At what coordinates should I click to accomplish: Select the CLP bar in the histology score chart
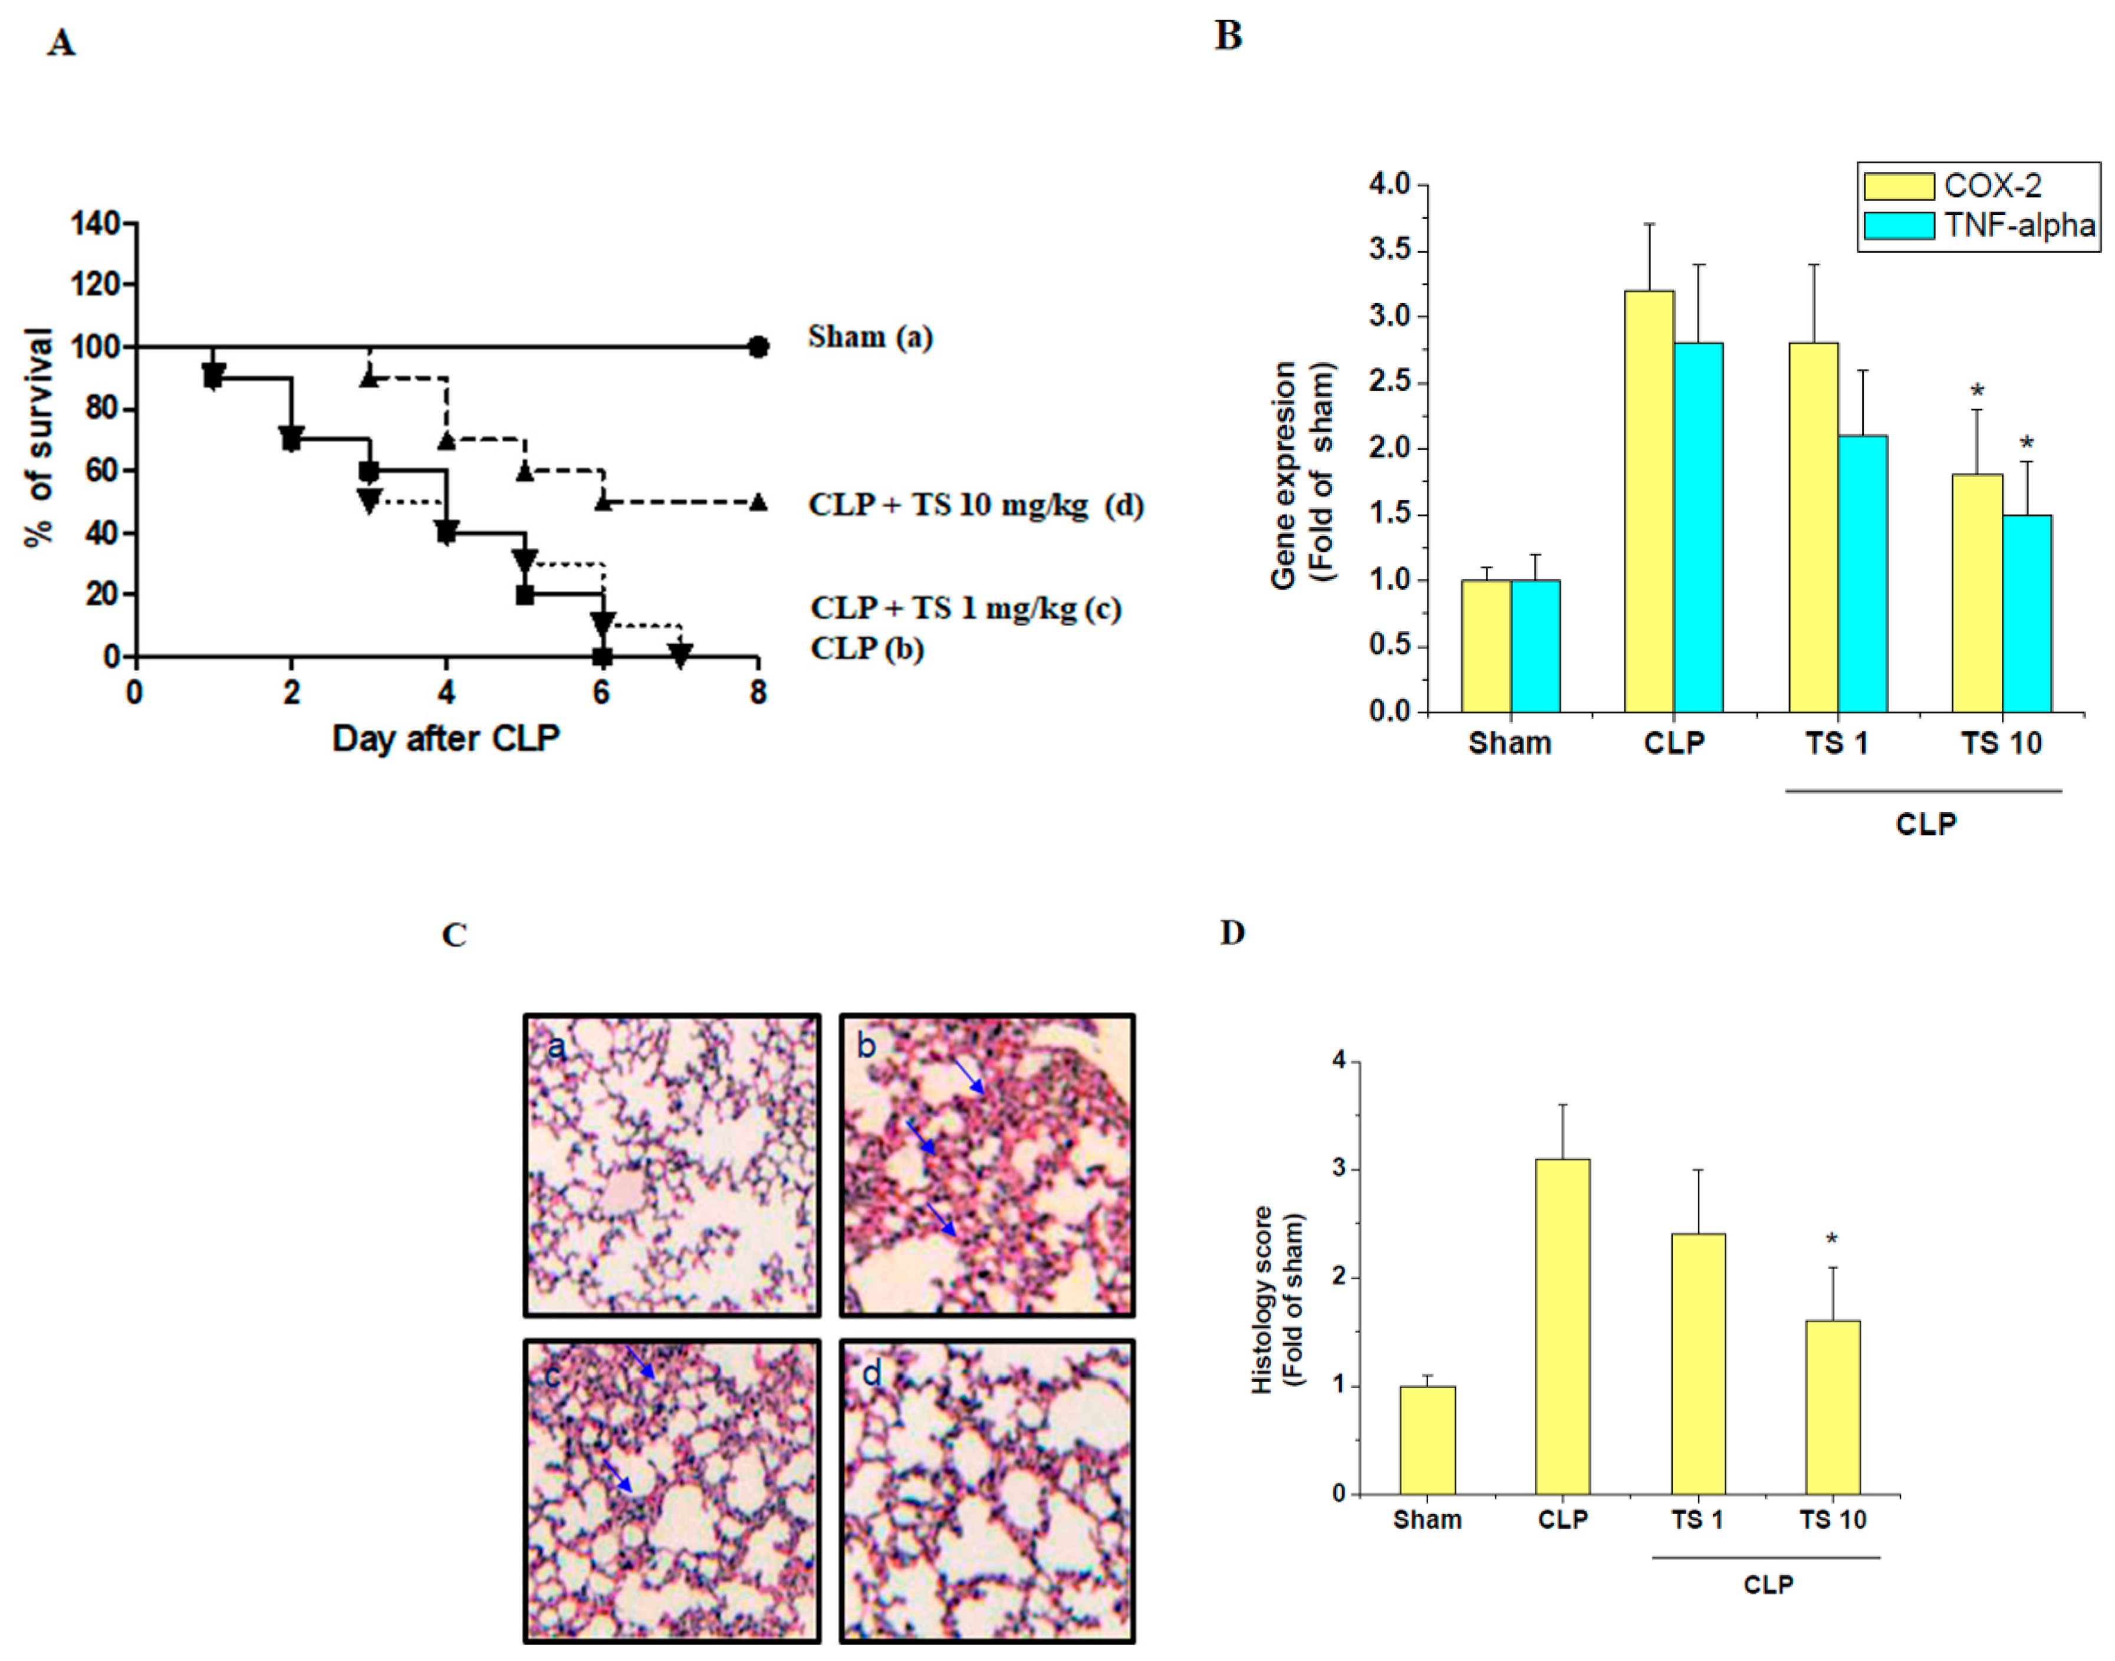[x=1563, y=1327]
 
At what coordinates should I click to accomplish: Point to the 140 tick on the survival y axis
[x=96, y=223]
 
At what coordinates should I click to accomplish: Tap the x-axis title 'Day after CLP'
[x=446, y=739]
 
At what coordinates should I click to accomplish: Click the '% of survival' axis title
[x=41, y=438]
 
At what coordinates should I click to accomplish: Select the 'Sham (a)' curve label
[x=870, y=337]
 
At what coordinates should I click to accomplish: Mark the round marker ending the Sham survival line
[x=758, y=347]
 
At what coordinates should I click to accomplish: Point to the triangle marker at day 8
[x=758, y=502]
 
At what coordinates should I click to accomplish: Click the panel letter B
[x=1228, y=36]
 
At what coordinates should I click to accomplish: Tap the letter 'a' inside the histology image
[x=556, y=1047]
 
